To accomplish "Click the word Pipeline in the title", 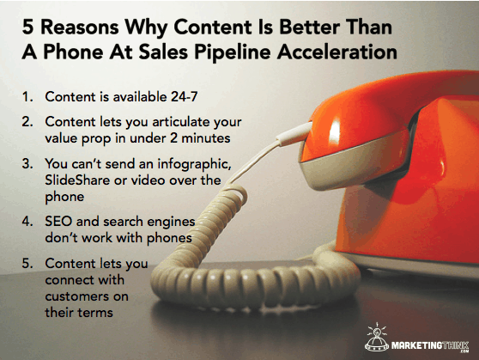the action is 233,52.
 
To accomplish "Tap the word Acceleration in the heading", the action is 337,52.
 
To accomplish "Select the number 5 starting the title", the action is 27,27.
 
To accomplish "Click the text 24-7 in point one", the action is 185,97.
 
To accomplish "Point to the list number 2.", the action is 27,122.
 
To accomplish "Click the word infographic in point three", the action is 194,165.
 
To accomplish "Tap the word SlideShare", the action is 77,180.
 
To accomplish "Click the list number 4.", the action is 27,221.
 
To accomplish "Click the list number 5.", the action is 27,264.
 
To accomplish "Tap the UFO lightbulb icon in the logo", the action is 377,337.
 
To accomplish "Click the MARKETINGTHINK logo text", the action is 430,346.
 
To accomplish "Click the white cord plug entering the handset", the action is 294,134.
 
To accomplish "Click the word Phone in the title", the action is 73,52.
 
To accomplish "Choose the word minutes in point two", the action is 206,138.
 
